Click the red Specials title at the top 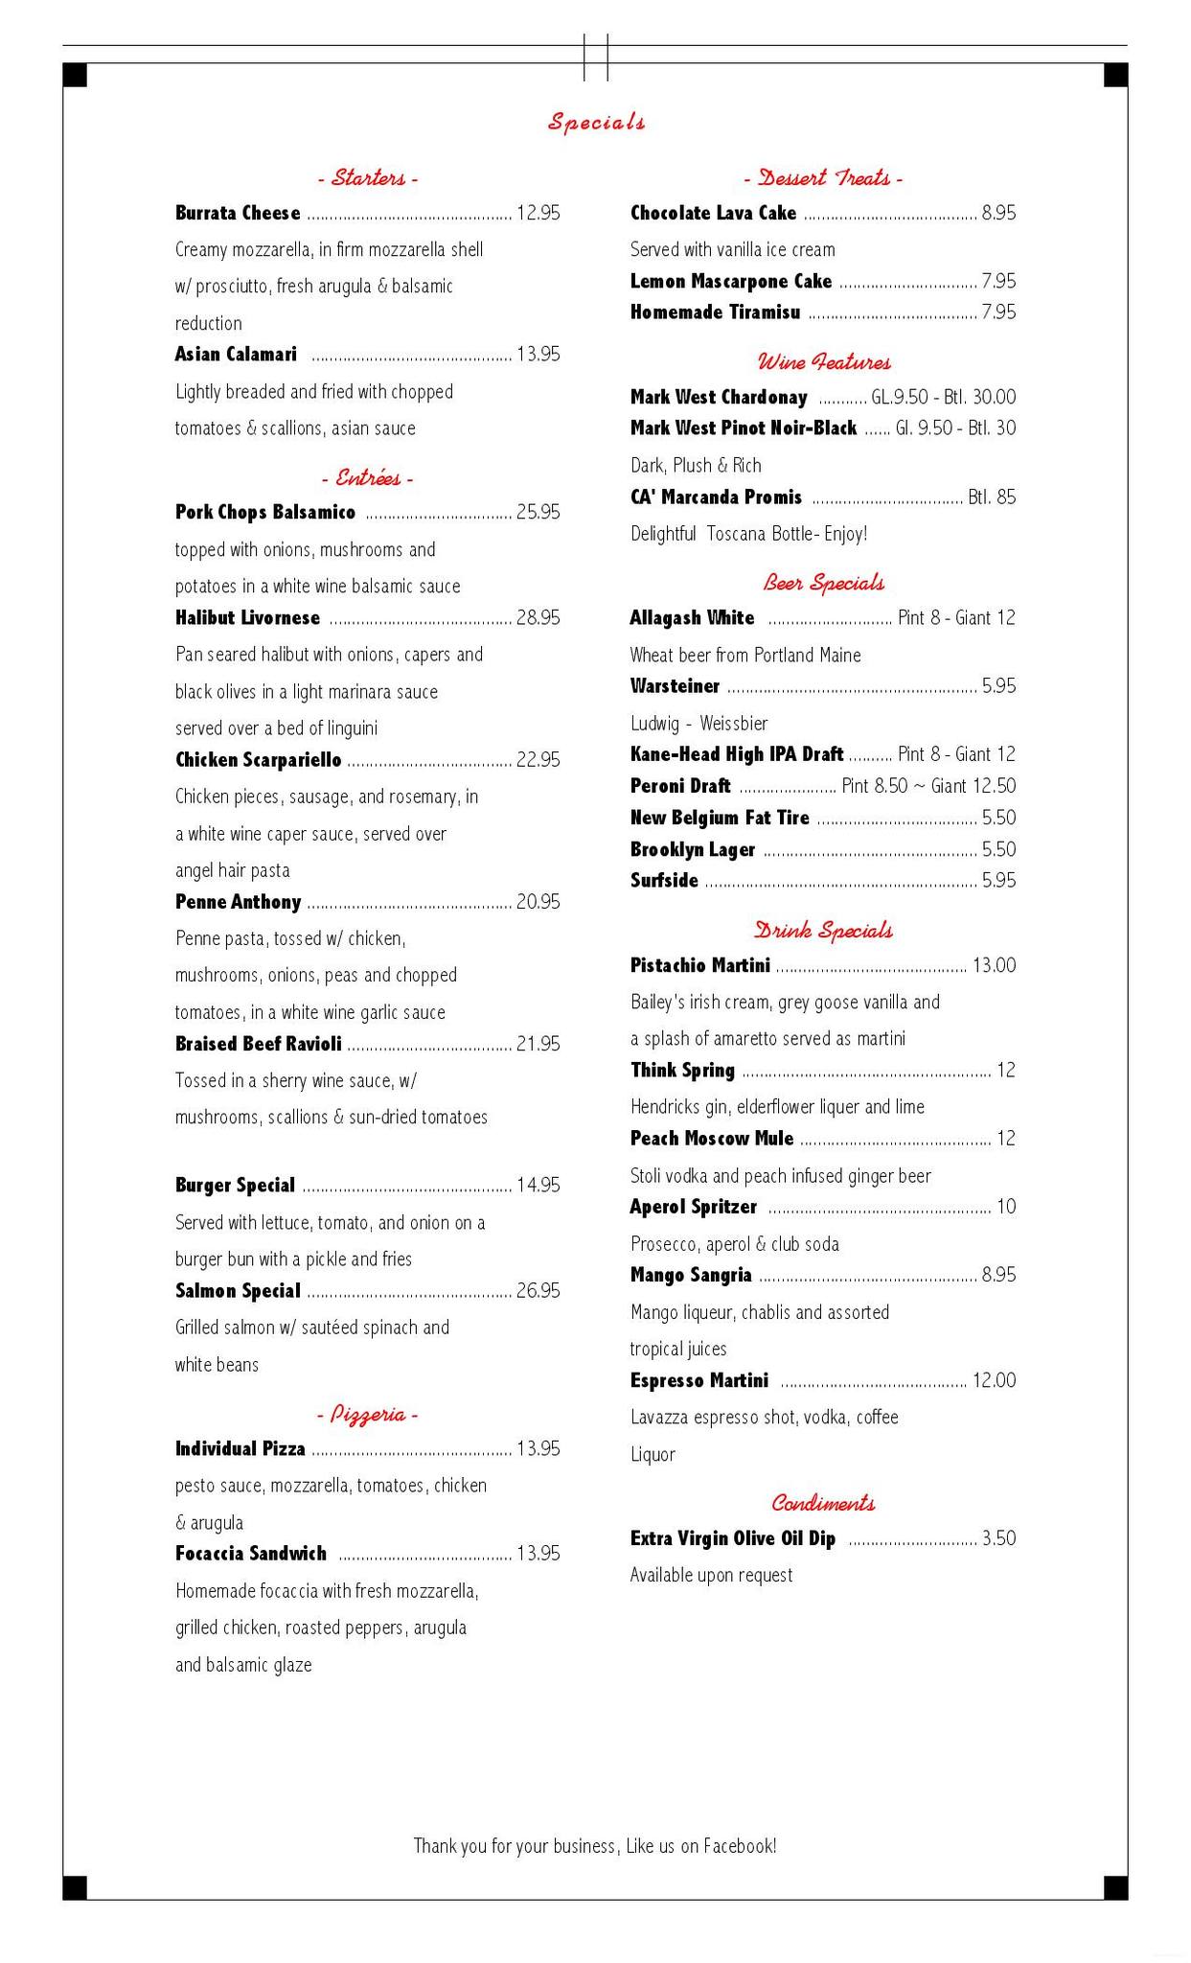[596, 122]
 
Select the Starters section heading [368, 178]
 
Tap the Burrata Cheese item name [238, 213]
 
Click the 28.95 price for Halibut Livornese [538, 618]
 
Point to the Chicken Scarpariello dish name [258, 760]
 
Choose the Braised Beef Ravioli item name [258, 1044]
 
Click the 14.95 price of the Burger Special [538, 1186]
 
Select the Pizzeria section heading [367, 1415]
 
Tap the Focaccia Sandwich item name [250, 1554]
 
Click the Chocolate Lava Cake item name [713, 213]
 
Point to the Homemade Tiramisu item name [715, 312]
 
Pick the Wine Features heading [823, 362]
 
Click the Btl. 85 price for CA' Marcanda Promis [992, 497]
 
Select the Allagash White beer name [692, 618]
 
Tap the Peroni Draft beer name [680, 786]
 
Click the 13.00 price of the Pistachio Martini [994, 965]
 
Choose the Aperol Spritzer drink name [693, 1207]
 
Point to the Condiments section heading [823, 1503]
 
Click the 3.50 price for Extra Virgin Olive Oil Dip [998, 1538]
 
